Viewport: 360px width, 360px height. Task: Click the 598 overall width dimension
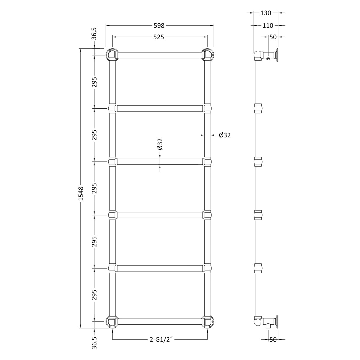(x=159, y=25)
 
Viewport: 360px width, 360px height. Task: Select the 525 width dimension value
(x=159, y=37)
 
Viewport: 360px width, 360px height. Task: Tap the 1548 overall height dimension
(x=81, y=193)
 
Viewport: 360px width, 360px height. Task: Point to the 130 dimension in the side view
(x=266, y=13)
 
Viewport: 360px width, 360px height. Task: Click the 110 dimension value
(x=268, y=25)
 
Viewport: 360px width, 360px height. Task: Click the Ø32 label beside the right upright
(x=225, y=135)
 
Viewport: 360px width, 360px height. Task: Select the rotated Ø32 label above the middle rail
(x=160, y=144)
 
